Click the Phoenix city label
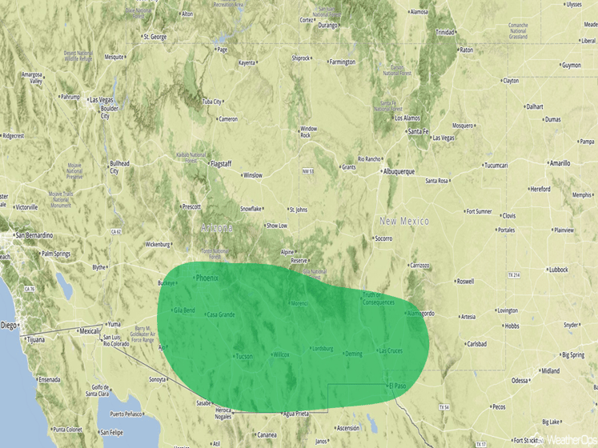pos(207,278)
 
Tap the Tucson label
pos(244,355)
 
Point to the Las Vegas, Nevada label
pos(102,99)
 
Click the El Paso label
pos(397,386)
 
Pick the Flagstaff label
pos(220,163)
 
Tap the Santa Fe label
pos(418,131)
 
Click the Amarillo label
pos(560,163)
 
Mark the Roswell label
pos(465,282)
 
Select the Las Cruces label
pos(391,350)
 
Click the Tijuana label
pos(35,339)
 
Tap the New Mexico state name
pos(404,221)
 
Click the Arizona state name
pos(217,228)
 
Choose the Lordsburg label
pos(322,349)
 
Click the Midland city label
pos(550,371)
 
